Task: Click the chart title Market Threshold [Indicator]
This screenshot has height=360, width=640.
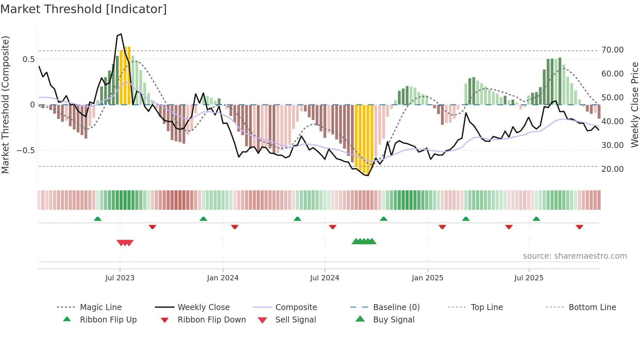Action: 84,9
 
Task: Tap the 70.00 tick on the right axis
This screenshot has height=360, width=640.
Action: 612,50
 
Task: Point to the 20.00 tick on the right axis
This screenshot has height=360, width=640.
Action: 612,169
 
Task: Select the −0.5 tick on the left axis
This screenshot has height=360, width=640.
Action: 25,151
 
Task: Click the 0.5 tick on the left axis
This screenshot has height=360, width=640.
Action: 28,59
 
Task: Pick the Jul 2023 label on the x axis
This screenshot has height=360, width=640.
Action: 120,278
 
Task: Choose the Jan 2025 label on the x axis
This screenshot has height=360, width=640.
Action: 427,278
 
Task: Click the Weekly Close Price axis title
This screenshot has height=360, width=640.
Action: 634,105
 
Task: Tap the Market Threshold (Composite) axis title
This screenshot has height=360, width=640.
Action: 5,105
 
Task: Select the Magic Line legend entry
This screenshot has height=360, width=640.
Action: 101,307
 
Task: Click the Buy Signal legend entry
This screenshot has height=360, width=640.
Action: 393,320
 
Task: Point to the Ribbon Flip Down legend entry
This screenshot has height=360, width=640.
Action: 211,320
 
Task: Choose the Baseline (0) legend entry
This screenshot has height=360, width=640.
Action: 396,307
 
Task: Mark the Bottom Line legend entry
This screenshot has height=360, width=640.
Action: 592,307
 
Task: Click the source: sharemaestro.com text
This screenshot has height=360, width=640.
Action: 575,256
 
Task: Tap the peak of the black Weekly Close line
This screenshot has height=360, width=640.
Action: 121,34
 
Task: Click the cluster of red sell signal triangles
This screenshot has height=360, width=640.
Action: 125,243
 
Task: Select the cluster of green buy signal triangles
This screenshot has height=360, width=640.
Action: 364,241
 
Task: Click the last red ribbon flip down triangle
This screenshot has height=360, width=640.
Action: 579,227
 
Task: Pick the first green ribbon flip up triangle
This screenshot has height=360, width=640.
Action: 98,219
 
